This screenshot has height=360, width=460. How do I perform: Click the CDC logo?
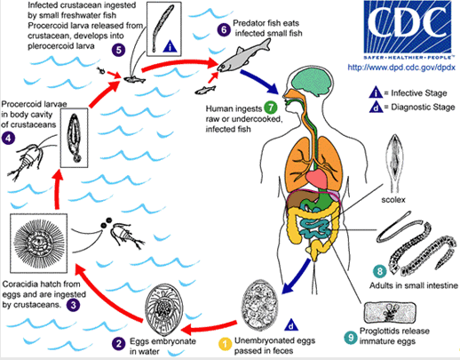point(408,30)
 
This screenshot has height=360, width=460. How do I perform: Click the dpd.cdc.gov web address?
point(401,68)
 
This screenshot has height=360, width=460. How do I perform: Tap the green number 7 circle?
point(270,108)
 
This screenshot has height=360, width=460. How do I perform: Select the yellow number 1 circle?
point(225,344)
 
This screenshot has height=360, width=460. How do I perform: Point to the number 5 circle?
point(118,50)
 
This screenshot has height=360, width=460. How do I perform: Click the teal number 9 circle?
point(351,337)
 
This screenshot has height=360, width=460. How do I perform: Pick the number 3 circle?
point(73,305)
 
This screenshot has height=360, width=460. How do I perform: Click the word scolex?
point(393,200)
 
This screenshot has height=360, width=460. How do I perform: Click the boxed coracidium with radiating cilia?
point(39,243)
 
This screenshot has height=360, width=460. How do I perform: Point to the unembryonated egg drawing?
point(260,305)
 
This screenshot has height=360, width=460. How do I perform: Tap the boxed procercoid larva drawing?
point(75,138)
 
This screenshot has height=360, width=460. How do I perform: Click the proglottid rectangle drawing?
point(390,313)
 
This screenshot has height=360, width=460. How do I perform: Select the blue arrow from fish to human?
point(259,81)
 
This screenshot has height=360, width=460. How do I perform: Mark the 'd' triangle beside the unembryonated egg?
point(290,324)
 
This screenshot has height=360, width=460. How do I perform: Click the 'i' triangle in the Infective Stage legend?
point(376,92)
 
